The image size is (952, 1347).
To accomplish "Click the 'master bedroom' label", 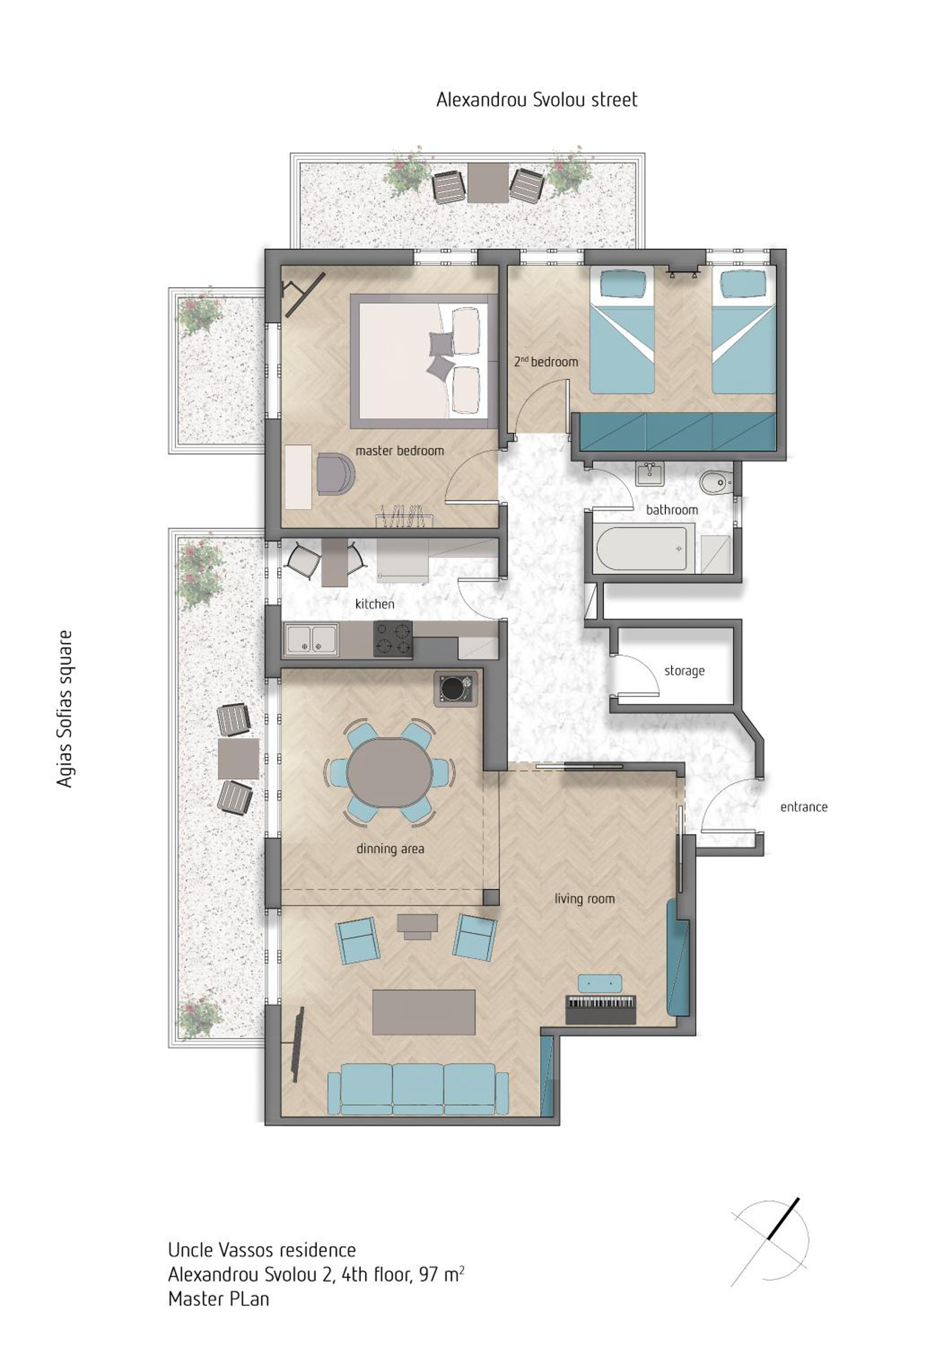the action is [x=400, y=451].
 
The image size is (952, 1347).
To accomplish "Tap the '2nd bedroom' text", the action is [x=546, y=361].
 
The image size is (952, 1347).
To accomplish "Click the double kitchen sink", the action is [x=311, y=639].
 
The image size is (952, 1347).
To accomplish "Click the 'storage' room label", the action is [x=684, y=670].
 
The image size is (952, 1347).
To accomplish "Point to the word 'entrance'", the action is [x=804, y=807].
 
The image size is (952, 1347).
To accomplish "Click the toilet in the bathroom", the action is [x=715, y=482].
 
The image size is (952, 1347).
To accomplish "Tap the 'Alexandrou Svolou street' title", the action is [x=537, y=100].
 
